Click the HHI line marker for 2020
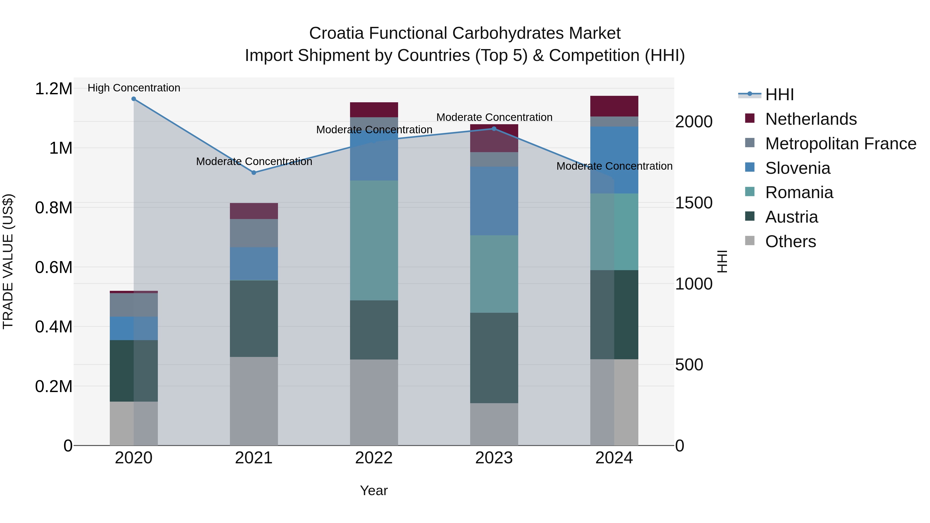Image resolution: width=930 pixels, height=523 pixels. (134, 99)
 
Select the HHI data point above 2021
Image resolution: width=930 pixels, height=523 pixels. (254, 173)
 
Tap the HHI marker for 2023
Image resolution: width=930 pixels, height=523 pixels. (494, 129)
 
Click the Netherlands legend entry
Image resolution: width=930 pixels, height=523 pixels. (810, 119)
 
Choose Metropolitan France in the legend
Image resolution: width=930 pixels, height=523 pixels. (840, 144)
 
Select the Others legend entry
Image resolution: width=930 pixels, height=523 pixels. (790, 241)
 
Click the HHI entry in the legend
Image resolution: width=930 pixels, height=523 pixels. (779, 95)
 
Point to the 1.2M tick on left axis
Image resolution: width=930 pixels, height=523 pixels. (53, 89)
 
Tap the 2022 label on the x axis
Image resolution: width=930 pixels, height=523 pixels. (374, 458)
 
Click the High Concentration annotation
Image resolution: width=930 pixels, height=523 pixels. (134, 88)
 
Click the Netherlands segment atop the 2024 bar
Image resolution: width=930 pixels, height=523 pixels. (614, 106)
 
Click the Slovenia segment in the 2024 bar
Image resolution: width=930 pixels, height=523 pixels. (614, 160)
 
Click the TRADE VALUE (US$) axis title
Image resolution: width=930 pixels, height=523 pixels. (8, 261)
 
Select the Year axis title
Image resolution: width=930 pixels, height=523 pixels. (374, 490)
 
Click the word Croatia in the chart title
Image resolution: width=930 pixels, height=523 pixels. (336, 33)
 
